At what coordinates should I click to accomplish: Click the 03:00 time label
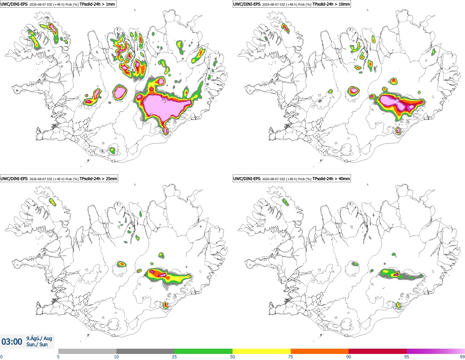12,342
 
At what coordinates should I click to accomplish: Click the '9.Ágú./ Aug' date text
39,338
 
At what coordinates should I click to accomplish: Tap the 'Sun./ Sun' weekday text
37,345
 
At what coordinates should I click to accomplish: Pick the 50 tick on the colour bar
232,357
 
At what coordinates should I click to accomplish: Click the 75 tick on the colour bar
291,357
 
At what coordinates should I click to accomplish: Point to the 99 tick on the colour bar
462,357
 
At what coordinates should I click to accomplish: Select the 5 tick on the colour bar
58,357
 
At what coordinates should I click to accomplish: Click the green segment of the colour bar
203,351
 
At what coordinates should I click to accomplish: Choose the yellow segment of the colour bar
262,351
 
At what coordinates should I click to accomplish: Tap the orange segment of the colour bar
320,351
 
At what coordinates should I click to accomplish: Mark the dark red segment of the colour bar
378,351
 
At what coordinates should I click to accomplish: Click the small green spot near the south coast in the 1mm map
112,150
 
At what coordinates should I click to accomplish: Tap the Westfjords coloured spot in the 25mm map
53,202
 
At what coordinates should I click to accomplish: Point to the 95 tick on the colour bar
407,357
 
